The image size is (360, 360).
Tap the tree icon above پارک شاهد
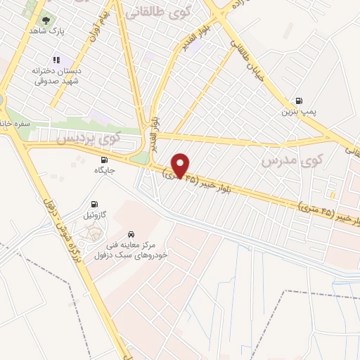(x=46, y=21)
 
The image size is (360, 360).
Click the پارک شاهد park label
(x=46, y=32)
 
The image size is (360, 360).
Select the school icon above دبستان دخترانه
(x=57, y=60)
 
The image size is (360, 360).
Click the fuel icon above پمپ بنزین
(x=300, y=101)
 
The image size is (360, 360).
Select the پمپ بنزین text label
(x=296, y=112)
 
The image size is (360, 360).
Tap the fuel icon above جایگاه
(x=104, y=159)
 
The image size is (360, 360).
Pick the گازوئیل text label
(x=94, y=214)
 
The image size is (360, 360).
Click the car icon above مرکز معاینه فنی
(x=131, y=233)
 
